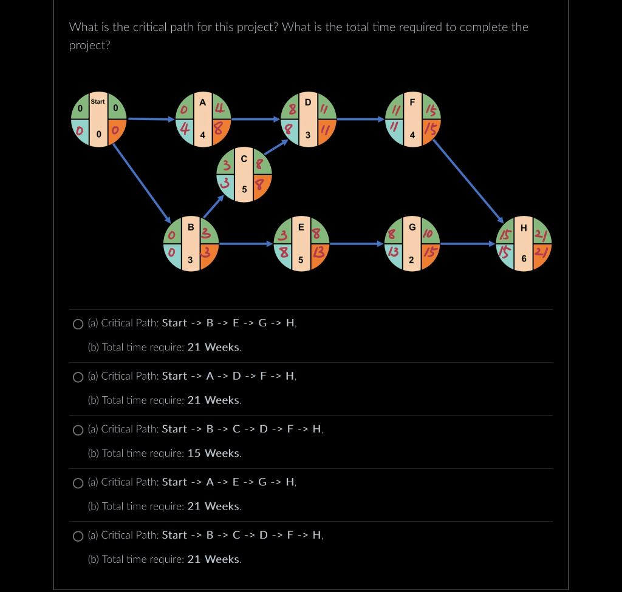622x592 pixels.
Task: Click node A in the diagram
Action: click(x=203, y=119)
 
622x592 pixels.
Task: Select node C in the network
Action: click(x=244, y=174)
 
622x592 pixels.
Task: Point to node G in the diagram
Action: click(x=412, y=244)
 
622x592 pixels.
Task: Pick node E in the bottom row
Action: click(x=301, y=244)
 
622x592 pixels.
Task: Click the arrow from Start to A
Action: click(x=152, y=119)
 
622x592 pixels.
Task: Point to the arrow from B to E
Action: click(x=246, y=244)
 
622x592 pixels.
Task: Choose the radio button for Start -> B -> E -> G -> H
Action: click(x=78, y=324)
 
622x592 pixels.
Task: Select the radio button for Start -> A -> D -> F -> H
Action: click(x=78, y=377)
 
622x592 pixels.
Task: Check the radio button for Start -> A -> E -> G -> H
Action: click(x=78, y=483)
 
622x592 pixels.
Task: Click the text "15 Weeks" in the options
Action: click(x=214, y=453)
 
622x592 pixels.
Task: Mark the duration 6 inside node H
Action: click(x=524, y=258)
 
